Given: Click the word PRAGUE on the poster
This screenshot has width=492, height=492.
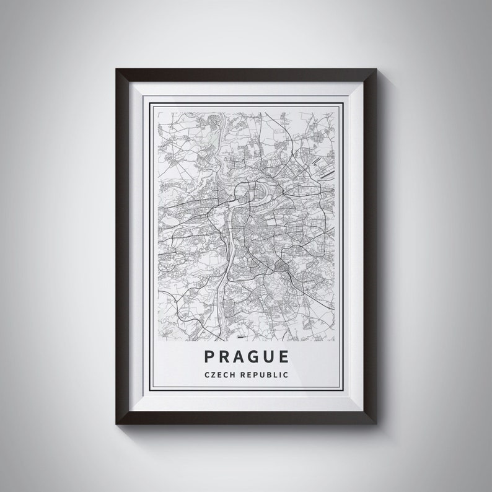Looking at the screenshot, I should (x=245, y=357).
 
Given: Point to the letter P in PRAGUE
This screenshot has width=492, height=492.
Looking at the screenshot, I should (x=208, y=357).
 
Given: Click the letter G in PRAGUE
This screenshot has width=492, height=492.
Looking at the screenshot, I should (x=253, y=357).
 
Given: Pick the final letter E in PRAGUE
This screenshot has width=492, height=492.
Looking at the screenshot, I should (x=284, y=357).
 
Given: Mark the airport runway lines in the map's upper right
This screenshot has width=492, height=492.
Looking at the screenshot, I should (x=319, y=162).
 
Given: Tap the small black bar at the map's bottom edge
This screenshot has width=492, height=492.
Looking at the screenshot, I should (x=240, y=338).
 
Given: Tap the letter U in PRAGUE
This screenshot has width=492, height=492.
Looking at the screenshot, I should (x=269, y=357).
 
